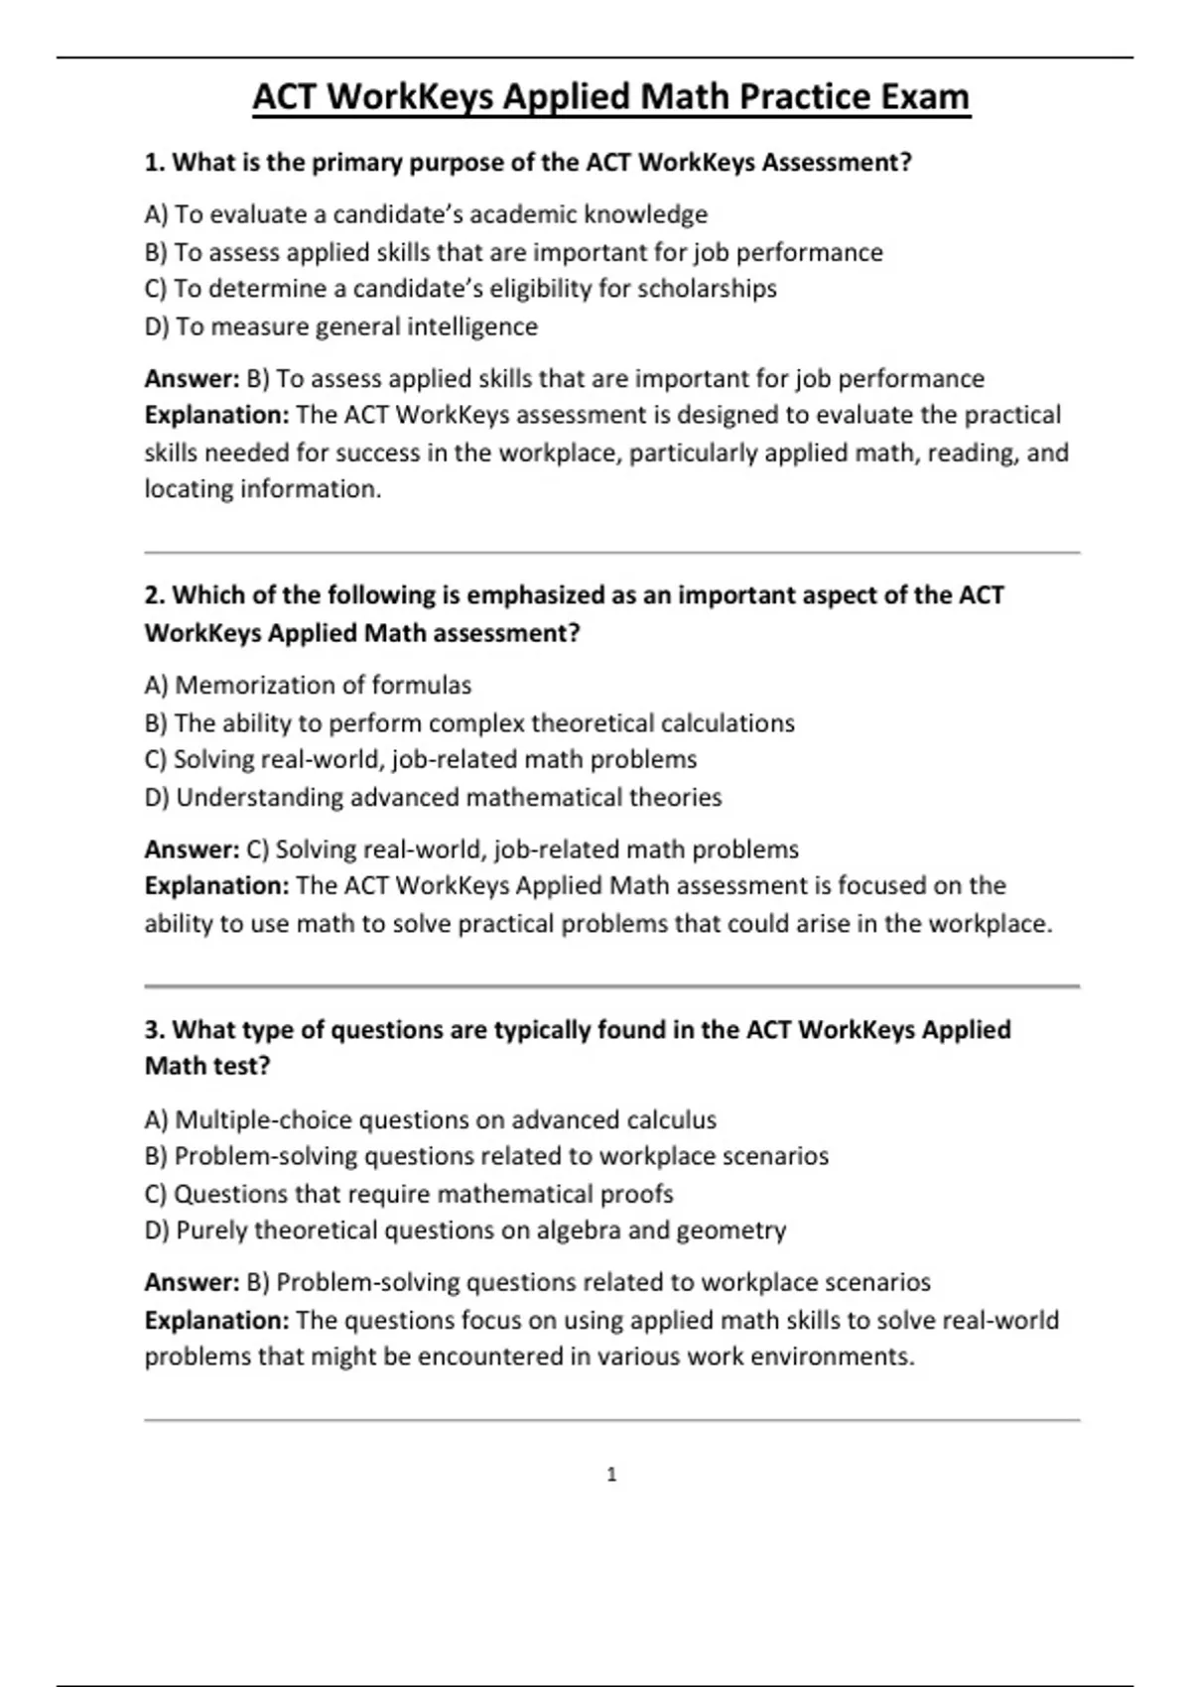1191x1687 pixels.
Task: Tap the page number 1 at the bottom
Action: (611, 1475)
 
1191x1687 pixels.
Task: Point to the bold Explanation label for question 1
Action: (216, 415)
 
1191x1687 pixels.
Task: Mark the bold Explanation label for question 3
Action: (216, 1320)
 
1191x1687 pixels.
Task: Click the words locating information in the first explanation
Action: (262, 489)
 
